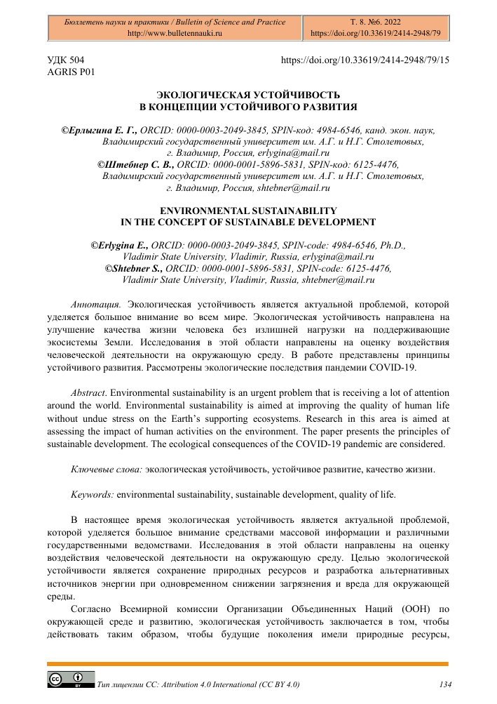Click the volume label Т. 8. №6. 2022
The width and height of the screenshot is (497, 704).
coord(374,22)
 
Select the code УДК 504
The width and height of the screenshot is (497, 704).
coord(66,61)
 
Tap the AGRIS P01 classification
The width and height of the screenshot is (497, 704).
coord(70,72)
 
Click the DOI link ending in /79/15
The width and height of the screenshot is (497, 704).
coord(365,61)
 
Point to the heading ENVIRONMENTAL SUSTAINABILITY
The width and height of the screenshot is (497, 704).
coord(248,211)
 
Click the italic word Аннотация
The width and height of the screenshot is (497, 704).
coord(96,305)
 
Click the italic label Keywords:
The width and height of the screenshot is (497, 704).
coord(93,494)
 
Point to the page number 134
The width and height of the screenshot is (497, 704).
coord(443,683)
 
